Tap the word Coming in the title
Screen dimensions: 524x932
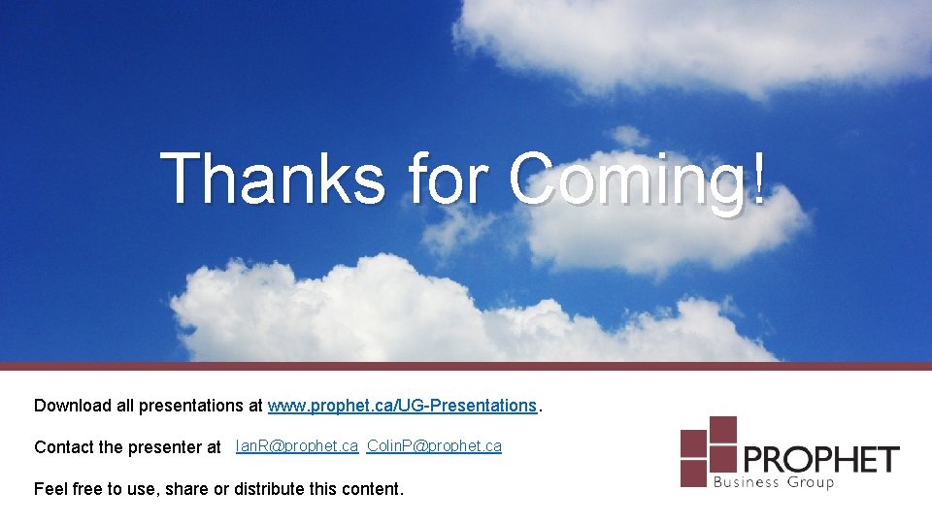[x=625, y=180]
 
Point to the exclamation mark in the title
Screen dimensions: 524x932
[x=756, y=178]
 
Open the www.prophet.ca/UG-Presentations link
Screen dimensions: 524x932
[x=402, y=405]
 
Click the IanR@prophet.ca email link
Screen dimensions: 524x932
[x=297, y=446]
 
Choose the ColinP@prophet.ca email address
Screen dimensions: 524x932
[x=434, y=446]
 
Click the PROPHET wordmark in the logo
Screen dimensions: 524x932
[x=821, y=458]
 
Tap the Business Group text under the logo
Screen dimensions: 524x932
[x=774, y=482]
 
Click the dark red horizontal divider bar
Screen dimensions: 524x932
[x=466, y=366]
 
